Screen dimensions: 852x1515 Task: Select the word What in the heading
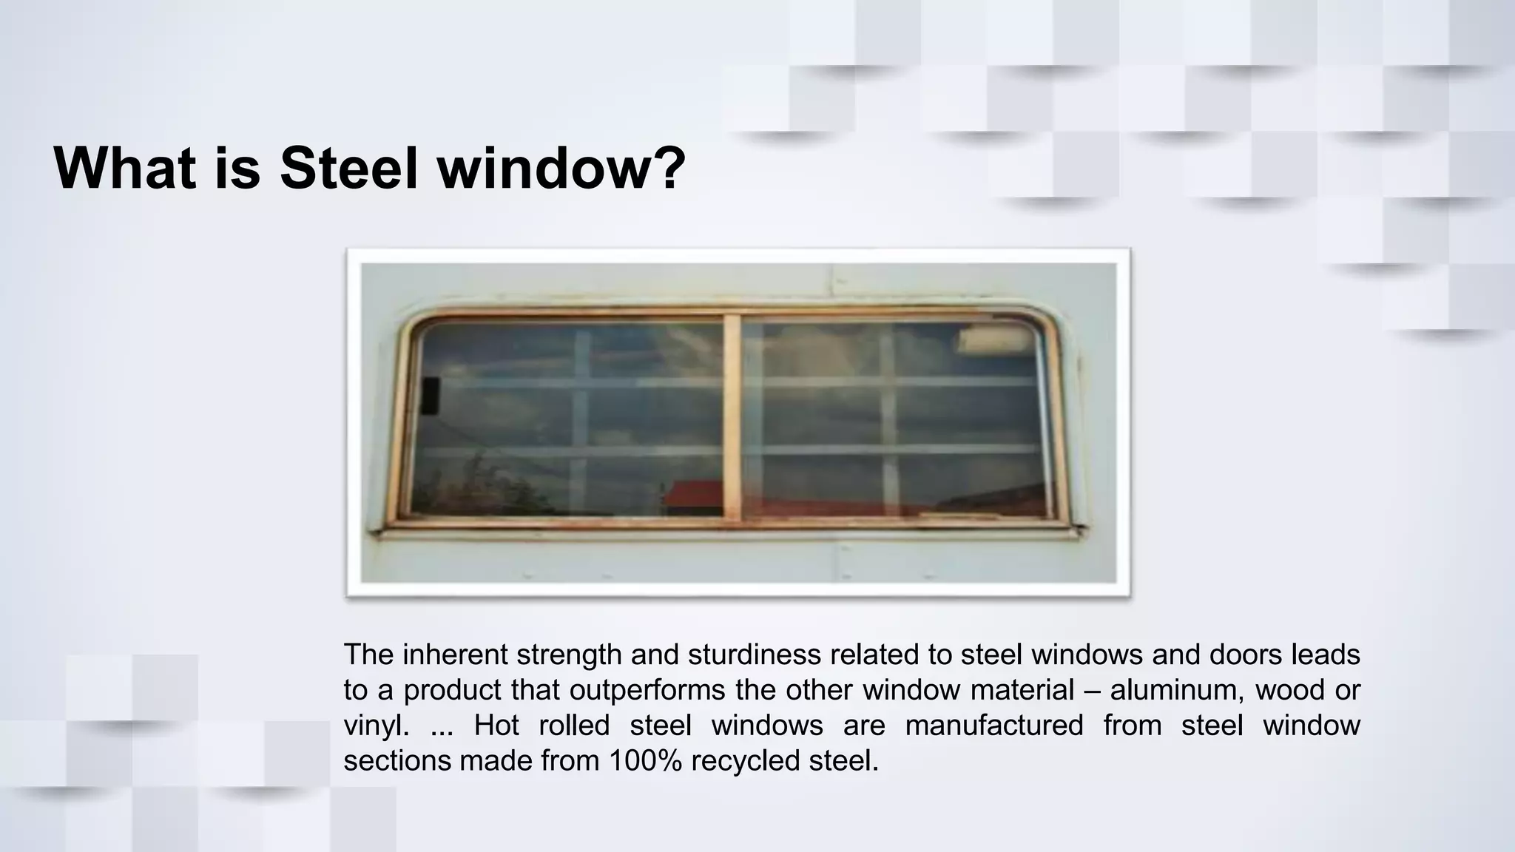click(x=125, y=168)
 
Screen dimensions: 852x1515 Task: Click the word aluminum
click(x=1171, y=690)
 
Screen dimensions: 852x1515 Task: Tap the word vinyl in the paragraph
click(x=376, y=726)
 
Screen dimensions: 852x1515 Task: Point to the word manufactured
click(x=993, y=726)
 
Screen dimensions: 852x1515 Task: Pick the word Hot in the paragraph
click(x=496, y=726)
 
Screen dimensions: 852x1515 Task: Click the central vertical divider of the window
click(x=732, y=418)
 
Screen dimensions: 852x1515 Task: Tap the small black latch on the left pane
click(x=430, y=394)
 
